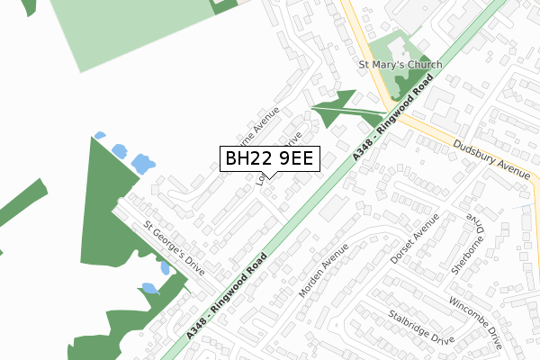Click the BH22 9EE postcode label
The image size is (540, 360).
point(268,159)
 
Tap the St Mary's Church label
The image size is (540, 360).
point(400,65)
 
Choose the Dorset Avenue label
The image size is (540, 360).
point(415,239)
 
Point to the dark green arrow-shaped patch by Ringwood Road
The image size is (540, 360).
point(337,109)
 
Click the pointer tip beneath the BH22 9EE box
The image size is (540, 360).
point(268,178)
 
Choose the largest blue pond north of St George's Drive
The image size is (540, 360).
point(141,164)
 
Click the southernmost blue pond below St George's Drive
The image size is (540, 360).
point(149,288)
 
